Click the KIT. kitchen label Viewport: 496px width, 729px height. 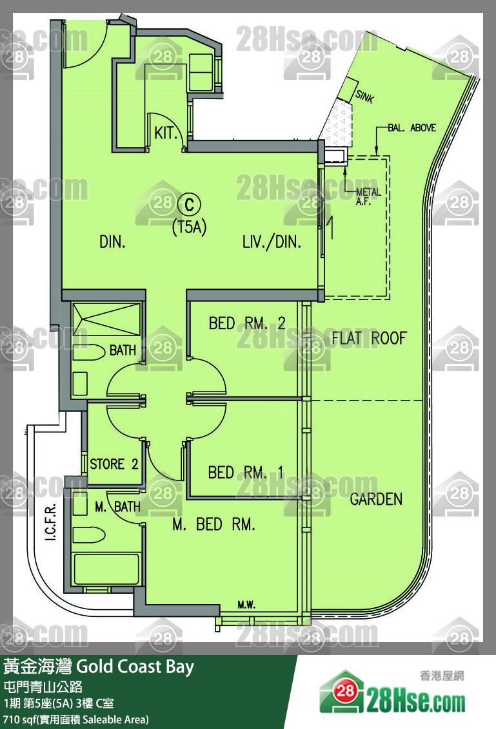(x=166, y=133)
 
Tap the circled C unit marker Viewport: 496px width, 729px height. (x=189, y=205)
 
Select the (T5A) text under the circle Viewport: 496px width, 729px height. (x=190, y=228)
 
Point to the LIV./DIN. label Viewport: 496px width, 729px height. (x=272, y=242)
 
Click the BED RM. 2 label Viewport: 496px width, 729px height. (x=247, y=323)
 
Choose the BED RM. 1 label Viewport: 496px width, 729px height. (x=246, y=473)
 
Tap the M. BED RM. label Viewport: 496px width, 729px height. (x=213, y=524)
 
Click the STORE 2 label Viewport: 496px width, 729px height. (x=114, y=464)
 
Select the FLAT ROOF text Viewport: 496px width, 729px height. (x=370, y=338)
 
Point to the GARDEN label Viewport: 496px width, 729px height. (x=376, y=499)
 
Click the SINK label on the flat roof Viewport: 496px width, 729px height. (x=364, y=96)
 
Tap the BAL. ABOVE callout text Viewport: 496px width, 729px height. (x=412, y=128)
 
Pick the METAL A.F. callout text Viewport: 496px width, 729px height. (x=368, y=196)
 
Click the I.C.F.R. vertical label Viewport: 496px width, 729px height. (x=51, y=522)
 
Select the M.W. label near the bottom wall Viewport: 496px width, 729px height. (x=246, y=605)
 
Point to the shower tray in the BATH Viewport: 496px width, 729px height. (x=106, y=319)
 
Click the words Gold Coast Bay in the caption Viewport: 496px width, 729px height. (x=135, y=667)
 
